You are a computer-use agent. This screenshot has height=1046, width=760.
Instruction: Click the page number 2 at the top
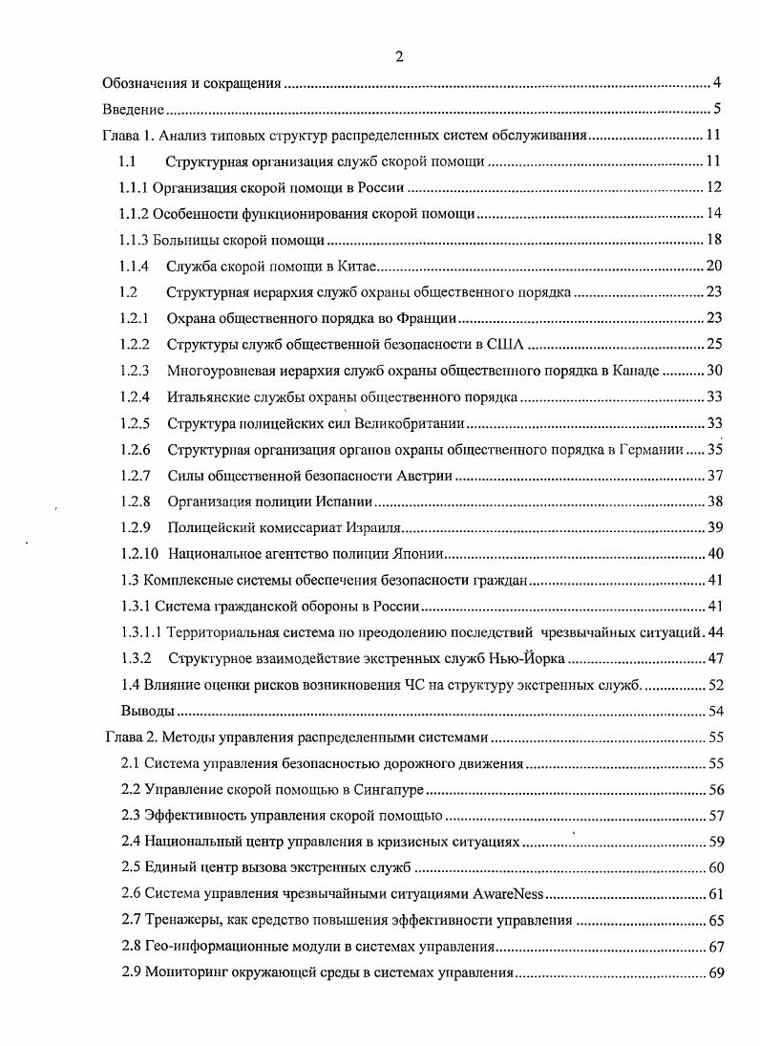(399, 57)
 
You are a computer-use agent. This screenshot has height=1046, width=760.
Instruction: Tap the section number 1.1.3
(134, 238)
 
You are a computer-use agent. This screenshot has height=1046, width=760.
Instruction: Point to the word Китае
(360, 265)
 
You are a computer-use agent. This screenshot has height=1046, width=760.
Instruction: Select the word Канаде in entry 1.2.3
(630, 370)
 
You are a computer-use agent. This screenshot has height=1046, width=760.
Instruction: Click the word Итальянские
(208, 395)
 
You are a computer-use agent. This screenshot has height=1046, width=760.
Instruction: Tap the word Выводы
(147, 711)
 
